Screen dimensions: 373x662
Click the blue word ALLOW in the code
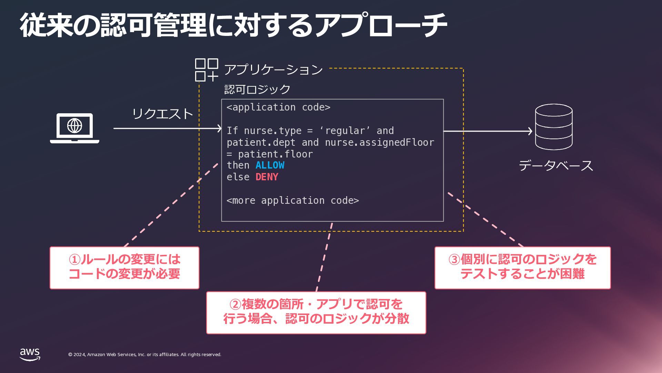270,165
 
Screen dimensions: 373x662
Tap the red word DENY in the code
267,177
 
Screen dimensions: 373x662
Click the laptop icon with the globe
74,128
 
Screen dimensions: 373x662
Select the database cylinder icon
553,127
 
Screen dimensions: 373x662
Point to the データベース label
555,166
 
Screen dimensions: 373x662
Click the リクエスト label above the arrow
162,114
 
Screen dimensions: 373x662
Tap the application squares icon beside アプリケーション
207,70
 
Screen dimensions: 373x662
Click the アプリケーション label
273,70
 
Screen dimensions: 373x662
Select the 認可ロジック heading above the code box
257,89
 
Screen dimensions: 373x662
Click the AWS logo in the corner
30,354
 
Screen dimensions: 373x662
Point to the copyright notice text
145,355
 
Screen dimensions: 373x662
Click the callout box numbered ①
124,268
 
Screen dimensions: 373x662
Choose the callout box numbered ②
316,313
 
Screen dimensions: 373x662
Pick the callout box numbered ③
522,268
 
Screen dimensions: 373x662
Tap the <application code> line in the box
278,107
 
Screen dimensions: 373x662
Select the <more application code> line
292,201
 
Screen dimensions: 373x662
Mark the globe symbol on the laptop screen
74,125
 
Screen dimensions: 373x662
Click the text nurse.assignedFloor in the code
379,142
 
